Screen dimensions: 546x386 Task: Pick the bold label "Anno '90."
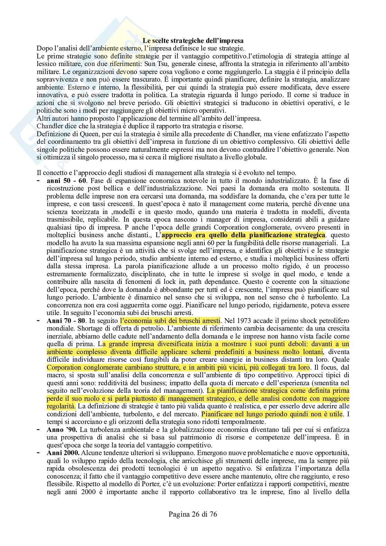point(62,430)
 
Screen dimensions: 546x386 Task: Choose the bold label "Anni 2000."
point(63,453)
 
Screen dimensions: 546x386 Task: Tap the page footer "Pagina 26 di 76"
point(193,514)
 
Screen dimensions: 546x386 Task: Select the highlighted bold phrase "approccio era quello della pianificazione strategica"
point(243,235)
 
